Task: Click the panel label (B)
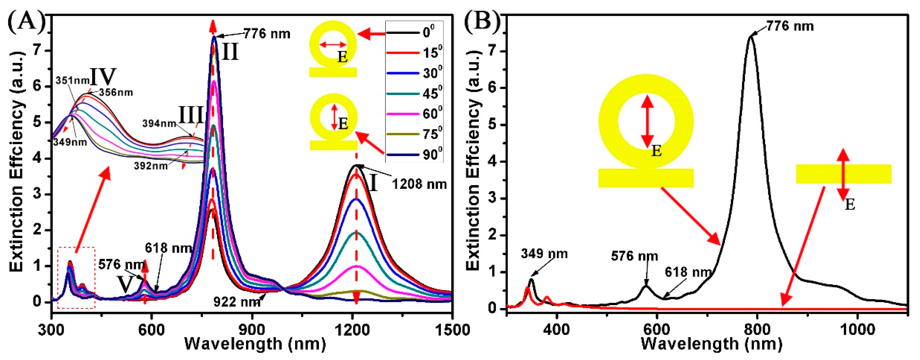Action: (482, 22)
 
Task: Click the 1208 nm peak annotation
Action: (419, 184)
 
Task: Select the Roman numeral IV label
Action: (104, 76)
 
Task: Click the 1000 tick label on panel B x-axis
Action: (857, 329)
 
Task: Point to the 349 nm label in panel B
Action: (544, 254)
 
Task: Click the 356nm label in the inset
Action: (116, 92)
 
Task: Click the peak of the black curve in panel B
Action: (751, 36)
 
